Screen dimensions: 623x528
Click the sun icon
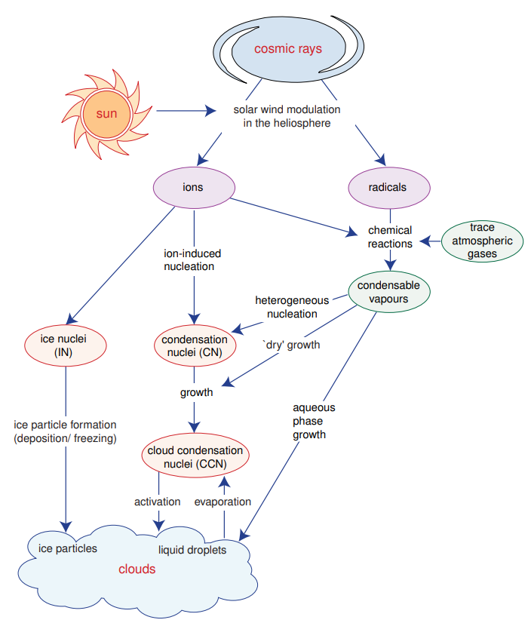[106, 114]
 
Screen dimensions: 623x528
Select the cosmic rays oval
[287, 50]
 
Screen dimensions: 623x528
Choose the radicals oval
[389, 187]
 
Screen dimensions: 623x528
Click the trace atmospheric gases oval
[482, 241]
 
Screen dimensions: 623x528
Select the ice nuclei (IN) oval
[66, 345]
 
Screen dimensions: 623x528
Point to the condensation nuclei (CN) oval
[195, 345]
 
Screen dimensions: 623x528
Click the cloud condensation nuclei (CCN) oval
[195, 458]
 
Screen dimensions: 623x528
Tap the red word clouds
[137, 569]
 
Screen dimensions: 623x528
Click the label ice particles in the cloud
[68, 548]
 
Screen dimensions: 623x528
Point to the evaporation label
[223, 502]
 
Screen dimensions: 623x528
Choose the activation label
[157, 502]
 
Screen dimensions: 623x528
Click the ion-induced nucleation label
[193, 259]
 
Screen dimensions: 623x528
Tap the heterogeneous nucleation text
[286, 306]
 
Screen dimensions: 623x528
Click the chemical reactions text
[389, 237]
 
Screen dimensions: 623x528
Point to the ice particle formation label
[66, 431]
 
